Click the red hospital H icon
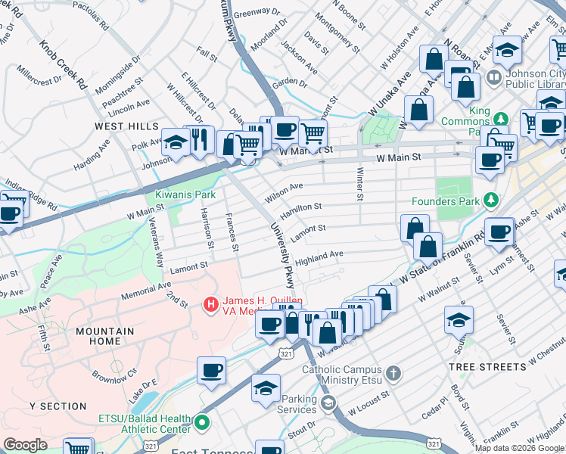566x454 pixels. point(210,305)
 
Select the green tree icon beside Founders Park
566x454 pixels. point(492,201)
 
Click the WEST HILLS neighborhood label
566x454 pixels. point(126,126)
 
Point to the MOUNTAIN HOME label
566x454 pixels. point(104,336)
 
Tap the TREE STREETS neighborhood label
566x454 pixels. point(487,367)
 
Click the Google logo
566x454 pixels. point(25,445)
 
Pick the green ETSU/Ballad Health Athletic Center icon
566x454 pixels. point(202,421)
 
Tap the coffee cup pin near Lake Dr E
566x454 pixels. point(211,370)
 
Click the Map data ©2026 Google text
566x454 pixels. point(519,448)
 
